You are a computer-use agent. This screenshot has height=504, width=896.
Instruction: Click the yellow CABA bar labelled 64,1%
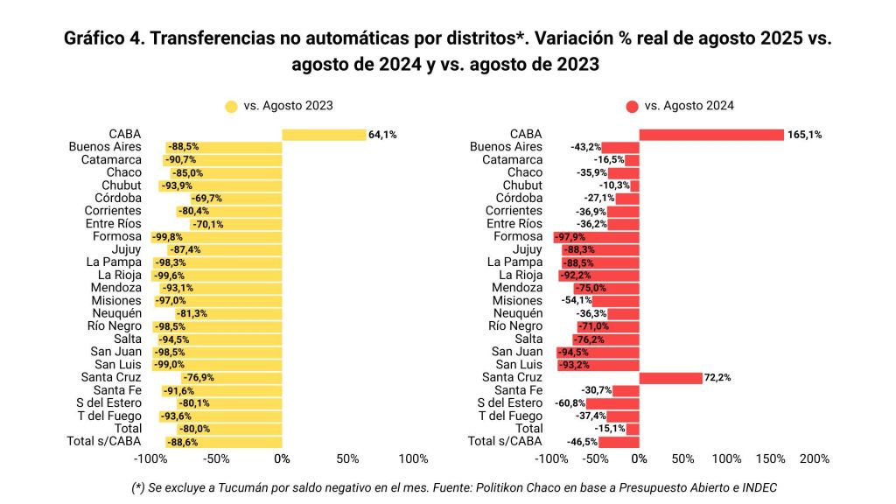point(324,135)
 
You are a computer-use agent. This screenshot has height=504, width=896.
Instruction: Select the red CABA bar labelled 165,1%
point(710,135)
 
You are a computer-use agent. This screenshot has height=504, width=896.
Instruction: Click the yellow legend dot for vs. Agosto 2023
point(231,107)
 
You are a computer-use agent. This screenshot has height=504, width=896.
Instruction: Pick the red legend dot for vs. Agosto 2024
point(632,107)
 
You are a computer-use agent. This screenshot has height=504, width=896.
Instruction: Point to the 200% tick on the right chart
point(815,458)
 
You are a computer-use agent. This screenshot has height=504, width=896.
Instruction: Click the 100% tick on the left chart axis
point(413,458)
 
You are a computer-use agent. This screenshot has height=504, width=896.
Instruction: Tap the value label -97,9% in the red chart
point(570,237)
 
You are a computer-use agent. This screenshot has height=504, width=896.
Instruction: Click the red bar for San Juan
point(598,352)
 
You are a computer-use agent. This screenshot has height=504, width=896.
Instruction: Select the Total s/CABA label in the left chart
point(104,441)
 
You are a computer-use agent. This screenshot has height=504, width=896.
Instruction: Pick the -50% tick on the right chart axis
point(595,458)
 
